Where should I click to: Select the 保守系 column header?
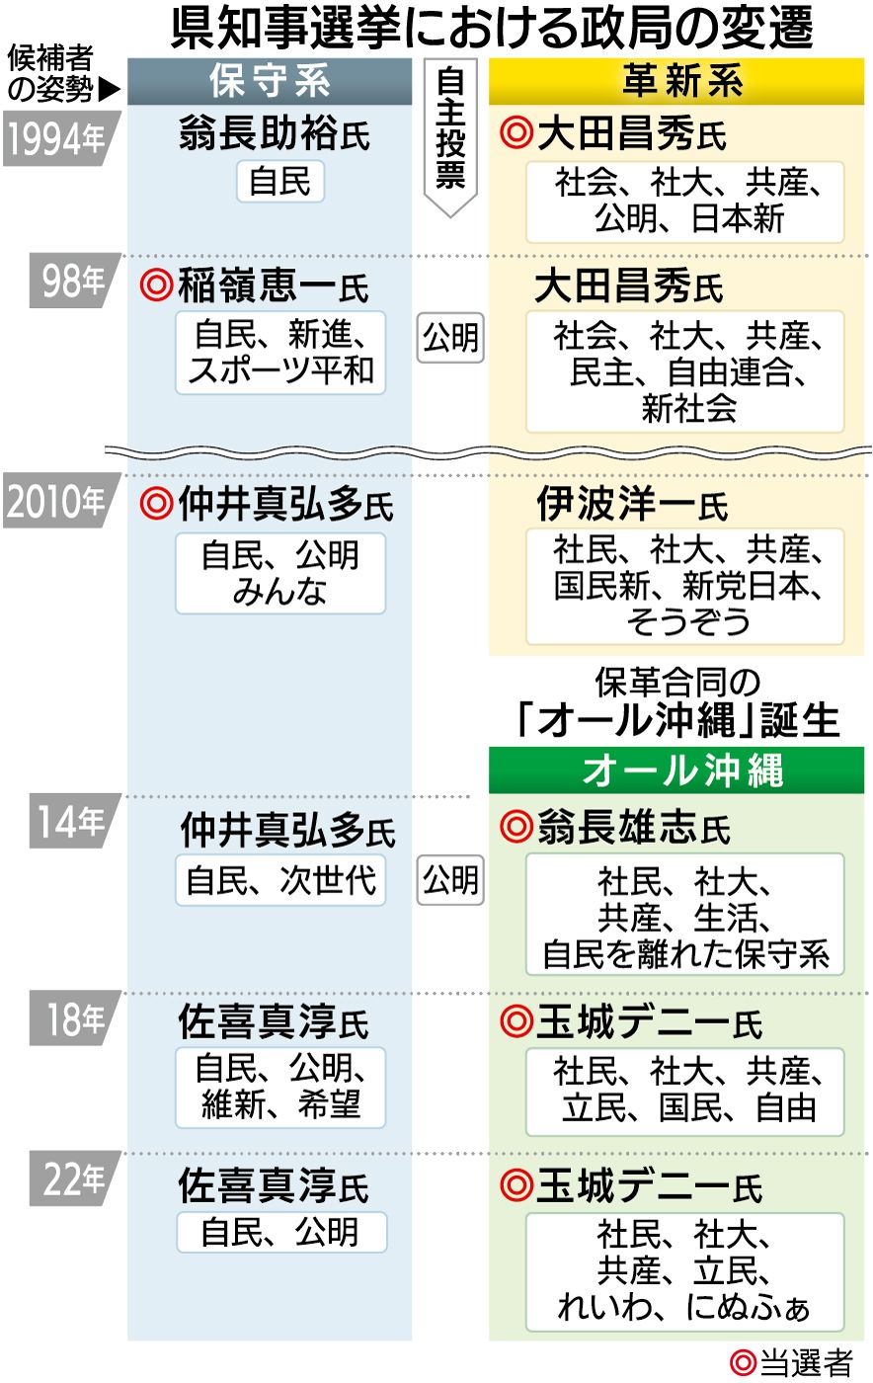pyautogui.click(x=270, y=82)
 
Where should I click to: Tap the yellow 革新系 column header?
pyautogui.click(x=676, y=82)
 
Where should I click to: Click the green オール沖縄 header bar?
pyautogui.click(x=676, y=771)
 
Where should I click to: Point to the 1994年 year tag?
pyautogui.click(x=56, y=139)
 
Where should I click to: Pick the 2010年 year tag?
pyautogui.click(x=56, y=502)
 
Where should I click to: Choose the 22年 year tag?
pyautogui.click(x=74, y=1179)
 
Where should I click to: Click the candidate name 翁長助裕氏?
pyautogui.click(x=275, y=133)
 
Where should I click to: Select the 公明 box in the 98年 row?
pyautogui.click(x=450, y=338)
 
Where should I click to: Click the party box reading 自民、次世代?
pyautogui.click(x=280, y=879)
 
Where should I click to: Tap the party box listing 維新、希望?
pyautogui.click(x=280, y=1088)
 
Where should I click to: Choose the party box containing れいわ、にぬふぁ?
pyautogui.click(x=684, y=1270)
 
